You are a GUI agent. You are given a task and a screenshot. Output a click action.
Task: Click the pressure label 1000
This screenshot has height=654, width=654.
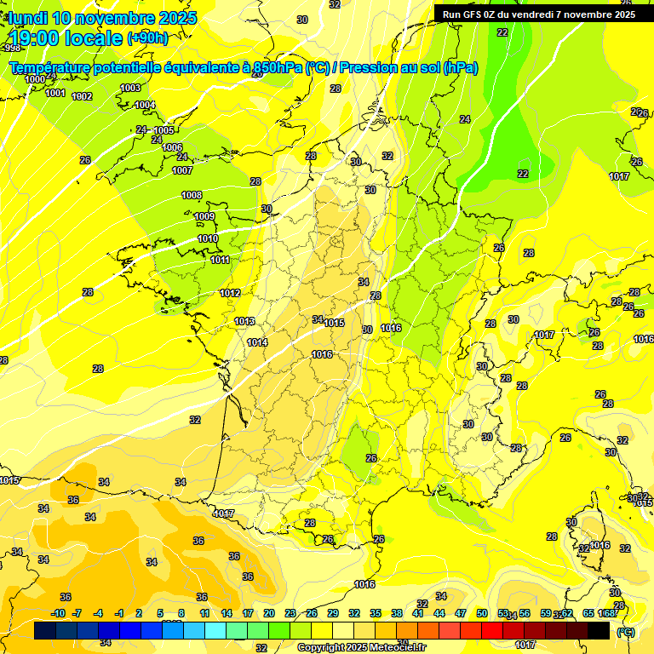click(x=35, y=79)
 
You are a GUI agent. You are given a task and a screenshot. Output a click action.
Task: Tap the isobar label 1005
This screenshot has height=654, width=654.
click(x=163, y=130)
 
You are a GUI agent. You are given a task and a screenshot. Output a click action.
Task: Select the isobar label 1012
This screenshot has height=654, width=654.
click(x=230, y=293)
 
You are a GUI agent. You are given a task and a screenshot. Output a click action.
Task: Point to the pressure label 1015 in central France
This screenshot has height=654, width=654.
click(x=334, y=323)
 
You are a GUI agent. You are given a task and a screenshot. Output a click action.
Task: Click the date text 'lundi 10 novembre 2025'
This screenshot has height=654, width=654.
click(x=102, y=18)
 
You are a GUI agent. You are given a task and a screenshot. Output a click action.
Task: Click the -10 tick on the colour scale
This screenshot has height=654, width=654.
click(x=58, y=613)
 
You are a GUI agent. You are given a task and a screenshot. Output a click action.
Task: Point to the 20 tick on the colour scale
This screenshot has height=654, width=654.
click(x=268, y=613)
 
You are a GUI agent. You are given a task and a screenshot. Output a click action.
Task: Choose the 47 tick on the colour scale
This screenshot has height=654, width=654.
click(x=461, y=613)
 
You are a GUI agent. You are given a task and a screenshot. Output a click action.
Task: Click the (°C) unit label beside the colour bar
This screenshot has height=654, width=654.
click(x=626, y=632)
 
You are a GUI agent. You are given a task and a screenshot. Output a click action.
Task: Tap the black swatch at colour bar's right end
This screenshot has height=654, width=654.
click(x=599, y=631)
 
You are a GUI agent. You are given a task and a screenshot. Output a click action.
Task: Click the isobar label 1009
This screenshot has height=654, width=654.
click(x=204, y=217)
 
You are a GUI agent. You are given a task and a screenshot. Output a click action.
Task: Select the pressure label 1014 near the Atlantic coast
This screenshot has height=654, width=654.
click(x=257, y=342)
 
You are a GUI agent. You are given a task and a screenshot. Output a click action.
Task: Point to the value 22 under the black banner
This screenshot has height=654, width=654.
click(x=502, y=32)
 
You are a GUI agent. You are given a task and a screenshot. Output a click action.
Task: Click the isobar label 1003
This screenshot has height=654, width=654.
click(x=130, y=88)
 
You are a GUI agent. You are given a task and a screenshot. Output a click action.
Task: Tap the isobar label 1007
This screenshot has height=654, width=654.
click(x=182, y=170)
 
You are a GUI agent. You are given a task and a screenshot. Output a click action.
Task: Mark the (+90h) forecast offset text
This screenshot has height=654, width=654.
click(x=147, y=37)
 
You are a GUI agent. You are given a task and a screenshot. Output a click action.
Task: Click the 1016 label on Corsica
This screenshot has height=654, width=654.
click(x=599, y=545)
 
